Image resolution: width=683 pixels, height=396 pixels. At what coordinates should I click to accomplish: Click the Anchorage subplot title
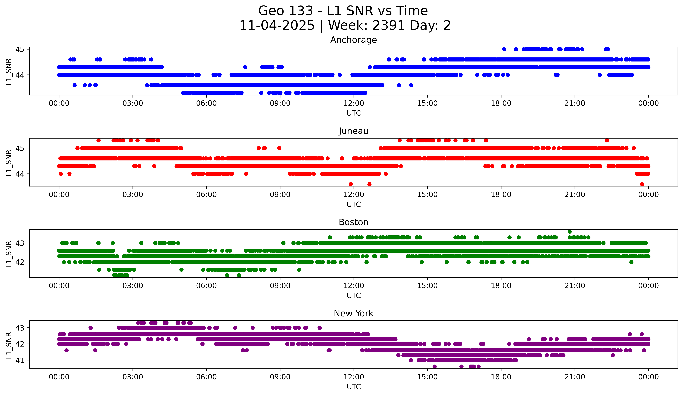(x=353, y=40)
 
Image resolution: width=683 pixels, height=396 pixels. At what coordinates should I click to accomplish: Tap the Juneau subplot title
(x=353, y=131)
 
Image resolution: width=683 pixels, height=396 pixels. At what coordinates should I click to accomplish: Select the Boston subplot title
(x=353, y=222)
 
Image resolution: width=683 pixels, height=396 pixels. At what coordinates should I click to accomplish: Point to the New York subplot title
(x=353, y=313)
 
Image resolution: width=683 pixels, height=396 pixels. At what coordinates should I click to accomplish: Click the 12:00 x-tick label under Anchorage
(x=354, y=103)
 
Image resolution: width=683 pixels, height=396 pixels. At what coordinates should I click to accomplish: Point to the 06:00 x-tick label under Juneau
(x=206, y=195)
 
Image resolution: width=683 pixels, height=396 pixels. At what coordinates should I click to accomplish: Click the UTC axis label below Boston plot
(x=354, y=296)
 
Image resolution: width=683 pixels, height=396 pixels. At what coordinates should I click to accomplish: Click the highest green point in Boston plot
(x=569, y=232)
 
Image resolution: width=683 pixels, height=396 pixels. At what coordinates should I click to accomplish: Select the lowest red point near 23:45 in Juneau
(x=642, y=184)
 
